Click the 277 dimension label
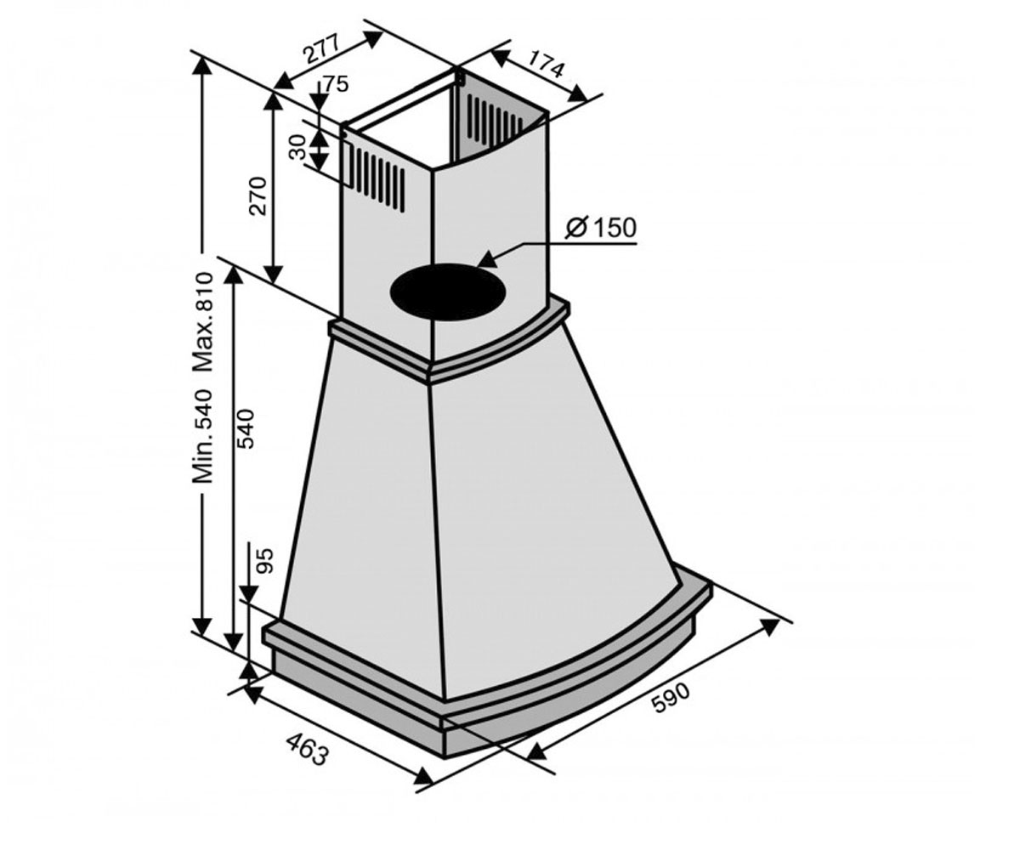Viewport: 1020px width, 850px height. tap(321, 50)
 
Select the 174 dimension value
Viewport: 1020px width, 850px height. tap(547, 64)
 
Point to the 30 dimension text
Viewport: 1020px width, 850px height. tap(297, 147)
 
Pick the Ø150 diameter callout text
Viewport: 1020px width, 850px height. tap(601, 228)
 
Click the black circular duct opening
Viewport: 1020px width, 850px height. tap(447, 292)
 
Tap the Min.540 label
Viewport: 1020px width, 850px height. tap(203, 436)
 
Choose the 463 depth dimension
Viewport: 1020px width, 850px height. tap(307, 751)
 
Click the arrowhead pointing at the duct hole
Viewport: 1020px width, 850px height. tap(488, 259)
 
